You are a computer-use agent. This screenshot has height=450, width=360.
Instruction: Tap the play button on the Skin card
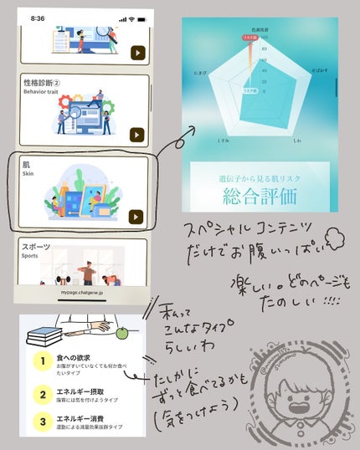(x=136, y=217)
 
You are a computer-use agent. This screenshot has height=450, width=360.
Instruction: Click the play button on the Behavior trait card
(x=136, y=134)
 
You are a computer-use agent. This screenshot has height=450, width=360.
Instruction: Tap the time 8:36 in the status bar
(x=38, y=18)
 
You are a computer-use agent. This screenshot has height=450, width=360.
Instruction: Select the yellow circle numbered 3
(x=39, y=421)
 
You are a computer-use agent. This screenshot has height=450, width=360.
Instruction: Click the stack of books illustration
(x=45, y=337)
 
